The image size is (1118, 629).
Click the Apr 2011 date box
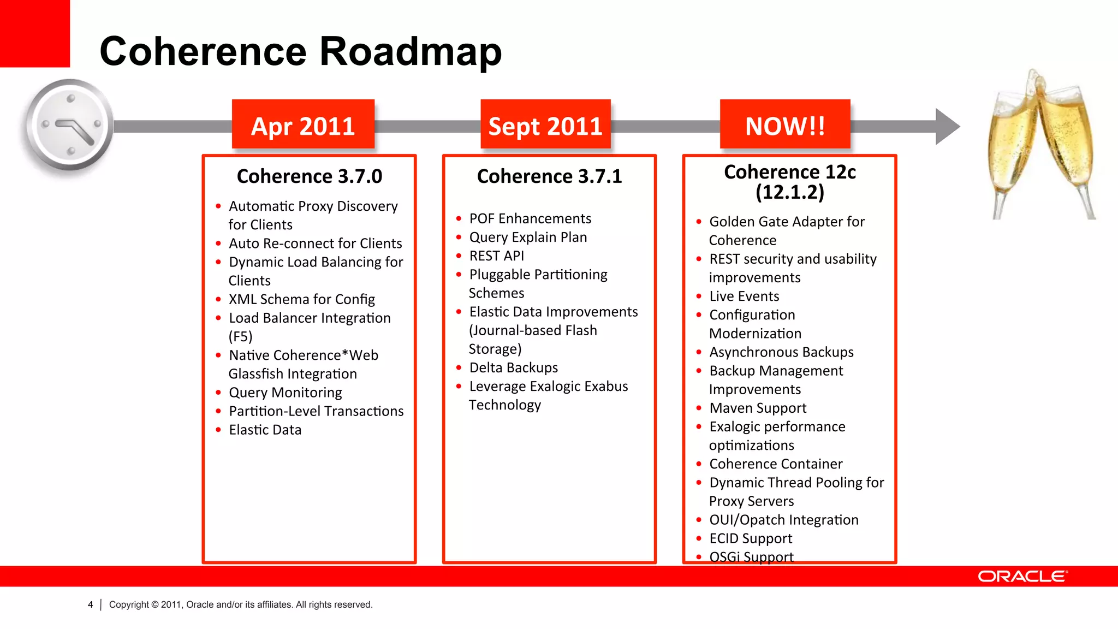pos(303,125)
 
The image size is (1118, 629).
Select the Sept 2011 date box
pos(545,125)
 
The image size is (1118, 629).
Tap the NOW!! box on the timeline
pos(785,125)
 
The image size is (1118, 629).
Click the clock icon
pos(69,126)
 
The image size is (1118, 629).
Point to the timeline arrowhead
pos(947,126)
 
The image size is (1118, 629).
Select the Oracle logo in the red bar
pos(1022,577)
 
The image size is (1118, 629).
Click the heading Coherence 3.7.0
pos(309,176)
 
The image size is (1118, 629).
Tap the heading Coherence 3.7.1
pos(549,176)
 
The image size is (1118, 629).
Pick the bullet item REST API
pos(496,256)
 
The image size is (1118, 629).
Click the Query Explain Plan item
pos(528,237)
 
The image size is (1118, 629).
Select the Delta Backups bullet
pos(513,367)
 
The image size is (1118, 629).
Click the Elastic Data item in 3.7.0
pos(265,430)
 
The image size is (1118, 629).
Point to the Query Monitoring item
pos(285,393)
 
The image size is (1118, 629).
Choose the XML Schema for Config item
pos(301,299)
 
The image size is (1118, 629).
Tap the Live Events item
pos(744,296)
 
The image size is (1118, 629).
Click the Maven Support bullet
pos(757,408)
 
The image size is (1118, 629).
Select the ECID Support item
pos(750,538)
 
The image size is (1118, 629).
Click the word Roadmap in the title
pos(410,51)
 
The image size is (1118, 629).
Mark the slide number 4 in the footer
pos(91,604)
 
